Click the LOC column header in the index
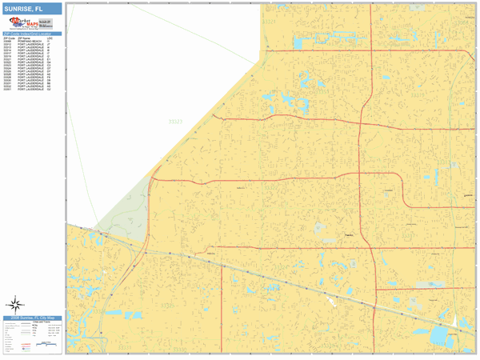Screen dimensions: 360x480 tap(50, 37)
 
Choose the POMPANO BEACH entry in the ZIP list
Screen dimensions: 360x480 tap(30, 41)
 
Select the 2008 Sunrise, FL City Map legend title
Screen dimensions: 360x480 tap(32, 318)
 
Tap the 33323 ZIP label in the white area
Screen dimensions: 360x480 tap(175, 122)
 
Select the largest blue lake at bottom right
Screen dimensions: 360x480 tap(441, 336)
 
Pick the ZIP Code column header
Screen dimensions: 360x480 tap(10, 37)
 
